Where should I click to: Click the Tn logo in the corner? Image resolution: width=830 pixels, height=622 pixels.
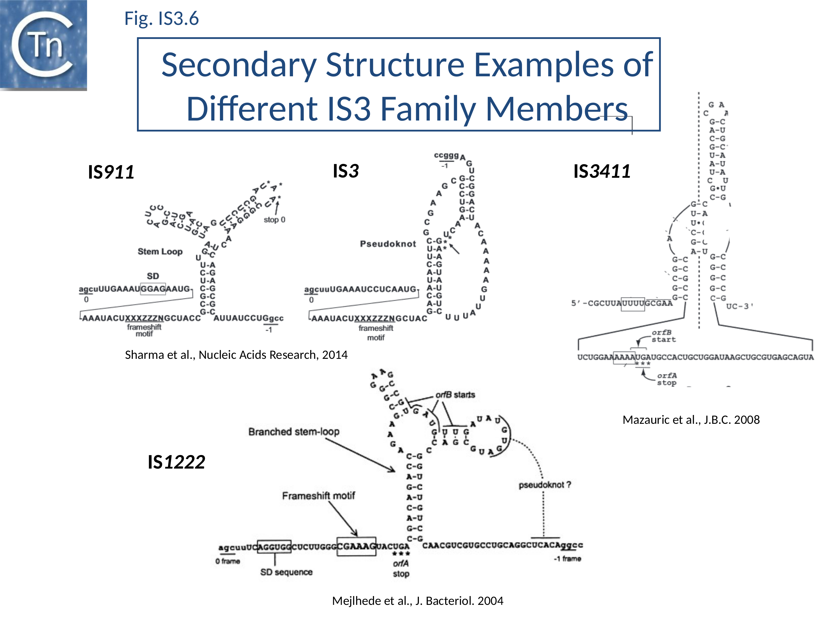[x=43, y=45]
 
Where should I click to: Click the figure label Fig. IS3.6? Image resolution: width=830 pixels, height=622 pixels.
[x=161, y=18]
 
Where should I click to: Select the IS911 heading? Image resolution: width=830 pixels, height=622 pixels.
[x=111, y=172]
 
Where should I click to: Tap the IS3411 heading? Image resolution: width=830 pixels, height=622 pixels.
[x=602, y=171]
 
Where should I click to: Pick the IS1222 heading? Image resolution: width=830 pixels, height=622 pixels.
[x=176, y=462]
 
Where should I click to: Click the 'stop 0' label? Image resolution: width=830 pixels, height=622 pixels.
[x=274, y=220]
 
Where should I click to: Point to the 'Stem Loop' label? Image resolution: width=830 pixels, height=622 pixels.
[x=160, y=252]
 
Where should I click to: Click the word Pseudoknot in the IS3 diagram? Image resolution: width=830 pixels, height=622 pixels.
[x=388, y=244]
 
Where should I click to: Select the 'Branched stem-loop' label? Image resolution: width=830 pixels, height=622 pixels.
[x=294, y=432]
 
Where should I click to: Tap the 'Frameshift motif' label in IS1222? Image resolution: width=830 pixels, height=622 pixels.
[x=318, y=496]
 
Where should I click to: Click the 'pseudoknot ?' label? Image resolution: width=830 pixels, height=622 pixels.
[x=545, y=485]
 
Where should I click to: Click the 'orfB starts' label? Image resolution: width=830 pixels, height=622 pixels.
[x=455, y=395]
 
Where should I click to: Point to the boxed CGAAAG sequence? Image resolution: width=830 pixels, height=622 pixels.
[x=356, y=546]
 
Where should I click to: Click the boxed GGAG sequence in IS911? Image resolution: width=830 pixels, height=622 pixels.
[x=153, y=289]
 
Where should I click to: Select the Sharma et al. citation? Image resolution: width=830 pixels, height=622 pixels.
[x=236, y=355]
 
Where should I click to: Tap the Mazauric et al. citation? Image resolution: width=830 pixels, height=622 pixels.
[x=691, y=420]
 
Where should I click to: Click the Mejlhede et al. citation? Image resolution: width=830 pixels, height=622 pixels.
[x=417, y=601]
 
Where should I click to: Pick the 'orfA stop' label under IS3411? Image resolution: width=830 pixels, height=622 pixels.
[x=666, y=379]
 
